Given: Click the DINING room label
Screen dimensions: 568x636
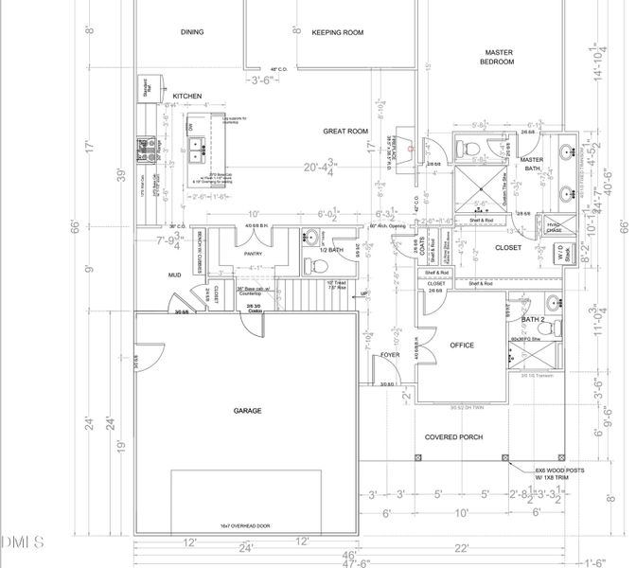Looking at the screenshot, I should [x=192, y=32].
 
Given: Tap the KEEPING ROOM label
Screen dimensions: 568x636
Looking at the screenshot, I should [x=338, y=32].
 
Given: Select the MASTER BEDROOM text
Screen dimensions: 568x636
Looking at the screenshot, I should [x=499, y=57].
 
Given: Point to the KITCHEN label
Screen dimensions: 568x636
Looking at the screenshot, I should [x=186, y=97].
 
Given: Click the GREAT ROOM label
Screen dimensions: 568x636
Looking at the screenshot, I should [x=344, y=132].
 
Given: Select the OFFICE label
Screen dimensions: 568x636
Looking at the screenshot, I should [x=462, y=346].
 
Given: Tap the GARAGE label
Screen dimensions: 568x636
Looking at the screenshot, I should [x=248, y=411].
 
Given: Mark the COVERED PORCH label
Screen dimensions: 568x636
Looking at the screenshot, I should [x=454, y=437].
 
